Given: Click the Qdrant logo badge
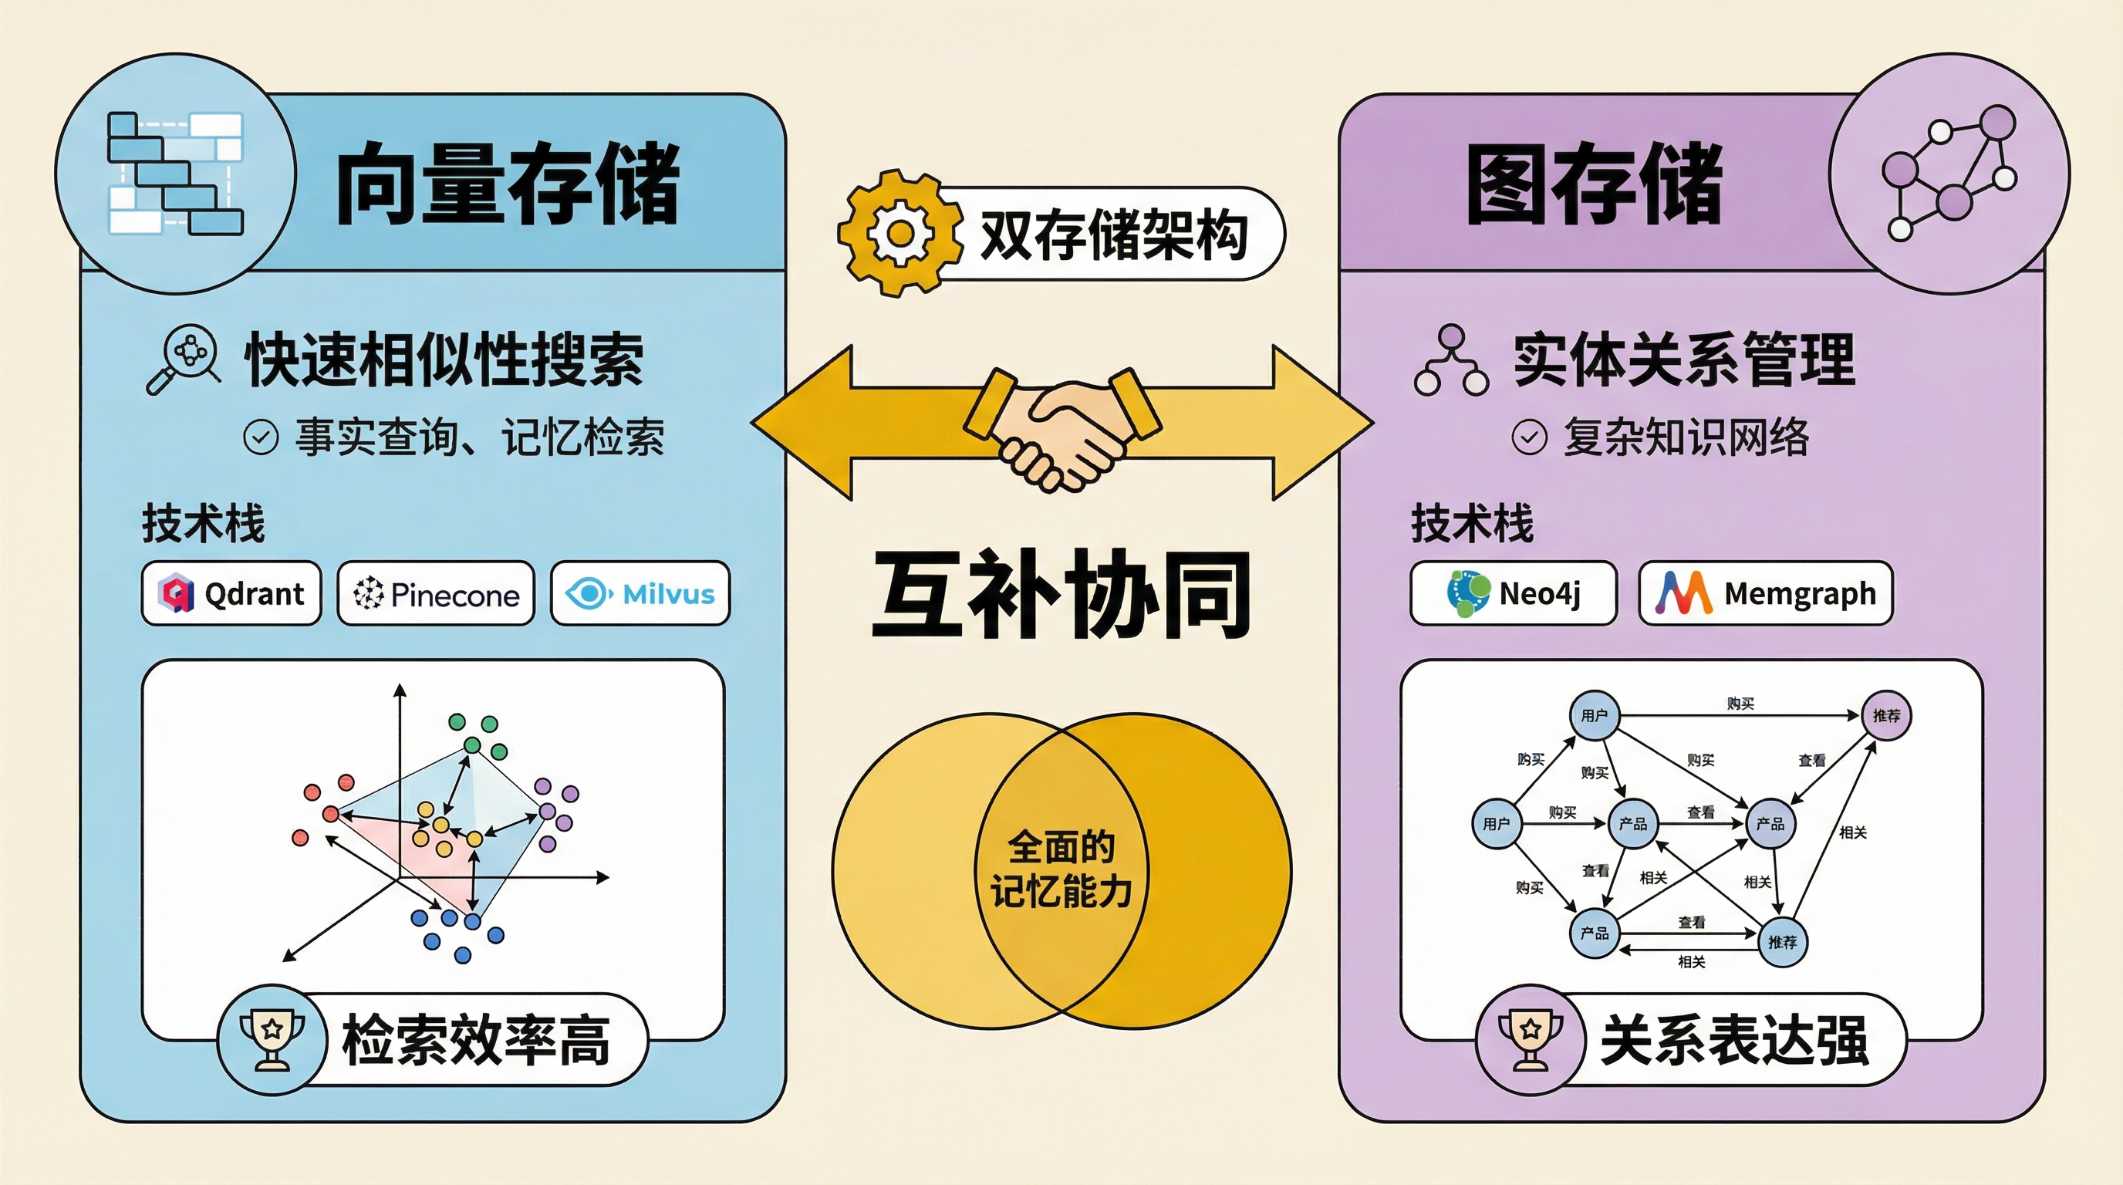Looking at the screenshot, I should [231, 593].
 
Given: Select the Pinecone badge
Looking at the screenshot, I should [436, 593].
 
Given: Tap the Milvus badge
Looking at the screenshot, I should [640, 593].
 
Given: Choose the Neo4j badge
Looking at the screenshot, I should [1513, 593].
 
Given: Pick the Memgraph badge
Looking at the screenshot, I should [1765, 593].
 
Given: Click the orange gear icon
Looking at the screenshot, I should [900, 233].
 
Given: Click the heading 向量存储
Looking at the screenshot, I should [508, 183].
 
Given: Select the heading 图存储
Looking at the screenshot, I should [1594, 183].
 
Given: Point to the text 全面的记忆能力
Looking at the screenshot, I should [1061, 869].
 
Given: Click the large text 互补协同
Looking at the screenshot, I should [1061, 595].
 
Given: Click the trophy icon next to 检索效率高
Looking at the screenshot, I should [272, 1039].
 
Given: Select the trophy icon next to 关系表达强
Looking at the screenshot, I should [1531, 1039].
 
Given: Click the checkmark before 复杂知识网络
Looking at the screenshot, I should [1529, 437].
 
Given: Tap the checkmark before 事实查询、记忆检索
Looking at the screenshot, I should [261, 437].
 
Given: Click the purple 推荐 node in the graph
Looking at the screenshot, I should [1885, 715].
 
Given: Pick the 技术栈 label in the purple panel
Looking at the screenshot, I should [1472, 524].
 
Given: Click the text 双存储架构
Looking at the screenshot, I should [1113, 235].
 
